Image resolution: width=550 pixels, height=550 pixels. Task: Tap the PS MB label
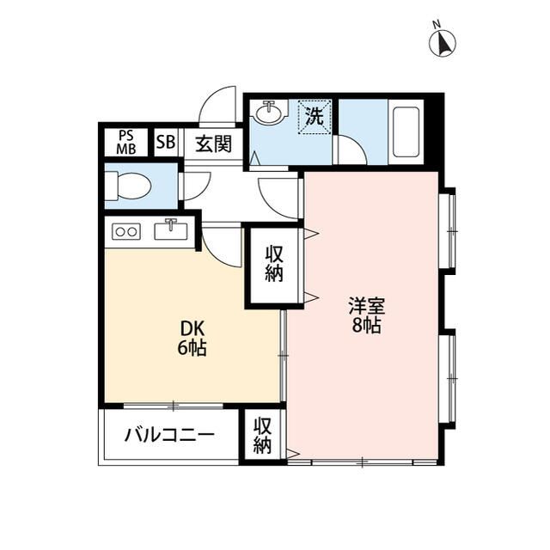(126, 143)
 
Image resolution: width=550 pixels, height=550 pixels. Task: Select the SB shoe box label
(166, 142)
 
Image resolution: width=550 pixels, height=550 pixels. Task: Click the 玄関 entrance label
(214, 144)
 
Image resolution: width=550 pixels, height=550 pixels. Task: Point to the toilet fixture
(128, 186)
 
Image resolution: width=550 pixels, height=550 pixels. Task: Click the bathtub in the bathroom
(406, 131)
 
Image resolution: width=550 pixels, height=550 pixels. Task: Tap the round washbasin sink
(269, 112)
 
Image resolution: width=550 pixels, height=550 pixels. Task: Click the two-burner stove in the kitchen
(126, 231)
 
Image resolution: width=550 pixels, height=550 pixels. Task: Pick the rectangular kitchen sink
(171, 230)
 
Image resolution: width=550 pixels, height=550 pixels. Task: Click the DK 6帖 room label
(192, 339)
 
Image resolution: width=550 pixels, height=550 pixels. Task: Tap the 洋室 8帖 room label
(367, 315)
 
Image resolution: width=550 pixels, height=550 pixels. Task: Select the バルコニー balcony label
(170, 436)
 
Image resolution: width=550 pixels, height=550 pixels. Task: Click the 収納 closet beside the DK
(274, 264)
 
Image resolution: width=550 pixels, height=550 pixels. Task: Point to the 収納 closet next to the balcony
(263, 436)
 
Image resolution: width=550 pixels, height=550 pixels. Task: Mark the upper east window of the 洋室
(449, 231)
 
